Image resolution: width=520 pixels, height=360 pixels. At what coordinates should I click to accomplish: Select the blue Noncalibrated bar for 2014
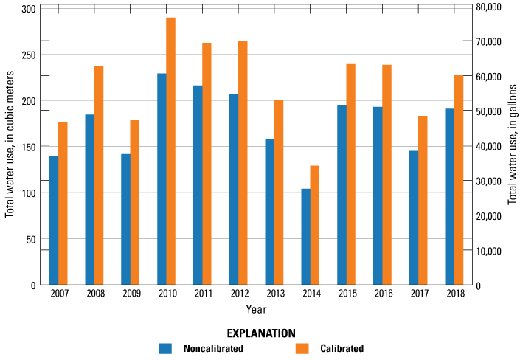click(x=305, y=237)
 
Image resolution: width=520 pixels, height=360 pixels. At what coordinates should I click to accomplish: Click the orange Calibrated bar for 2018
click(x=459, y=180)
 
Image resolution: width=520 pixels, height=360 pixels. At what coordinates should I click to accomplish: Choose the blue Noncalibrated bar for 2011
click(x=198, y=185)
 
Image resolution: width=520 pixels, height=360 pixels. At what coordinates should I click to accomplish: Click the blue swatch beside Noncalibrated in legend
click(x=165, y=348)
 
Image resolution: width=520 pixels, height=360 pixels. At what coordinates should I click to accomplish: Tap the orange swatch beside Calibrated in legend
click(x=302, y=348)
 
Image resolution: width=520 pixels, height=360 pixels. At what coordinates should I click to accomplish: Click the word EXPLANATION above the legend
click(x=261, y=333)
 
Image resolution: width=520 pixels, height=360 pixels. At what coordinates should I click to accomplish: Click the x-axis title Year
click(x=257, y=309)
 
